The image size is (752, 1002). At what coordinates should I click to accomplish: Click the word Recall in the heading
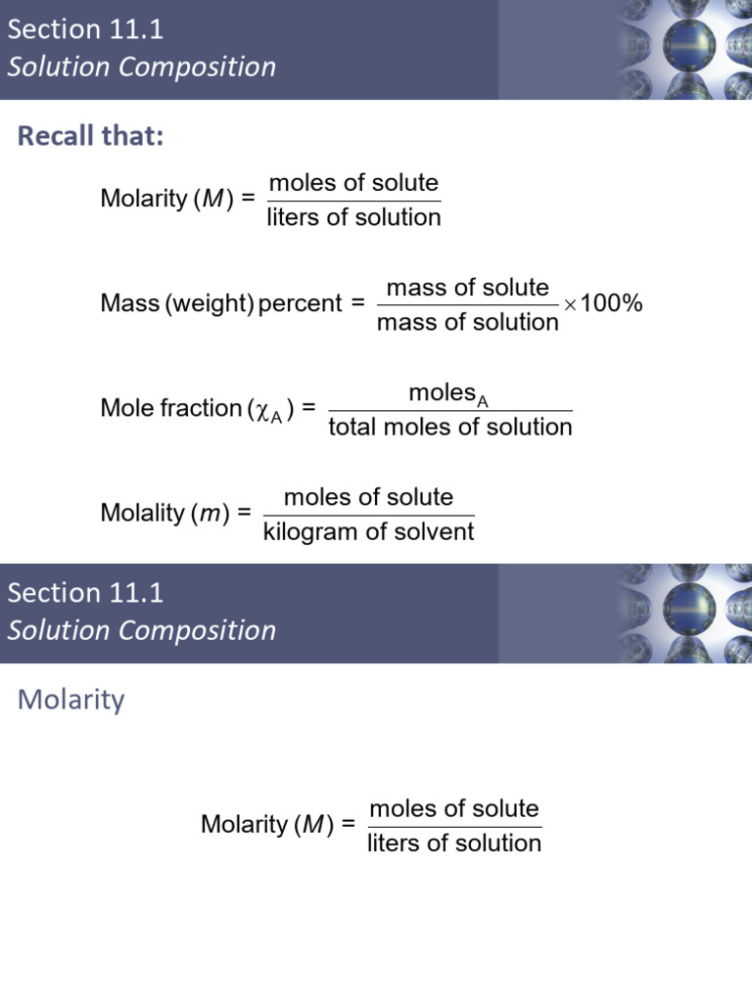coord(56,135)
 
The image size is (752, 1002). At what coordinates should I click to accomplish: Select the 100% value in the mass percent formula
coord(611,303)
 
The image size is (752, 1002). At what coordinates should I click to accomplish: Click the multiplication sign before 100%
coord(570,305)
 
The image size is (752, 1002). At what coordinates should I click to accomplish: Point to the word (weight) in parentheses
coord(211,303)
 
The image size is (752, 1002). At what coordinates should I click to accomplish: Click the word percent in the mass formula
coord(300,303)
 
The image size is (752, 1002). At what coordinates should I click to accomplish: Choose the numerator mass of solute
coord(467,288)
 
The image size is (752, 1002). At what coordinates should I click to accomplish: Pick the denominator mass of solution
coord(467,322)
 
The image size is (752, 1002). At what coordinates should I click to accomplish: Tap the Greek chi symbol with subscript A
coord(268,411)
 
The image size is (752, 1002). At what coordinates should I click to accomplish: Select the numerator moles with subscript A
coord(448,394)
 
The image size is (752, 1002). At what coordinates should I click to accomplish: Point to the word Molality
coord(143,513)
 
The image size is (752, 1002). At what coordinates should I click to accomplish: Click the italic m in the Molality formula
coord(211,515)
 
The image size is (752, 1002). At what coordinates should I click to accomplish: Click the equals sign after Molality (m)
coord(244,513)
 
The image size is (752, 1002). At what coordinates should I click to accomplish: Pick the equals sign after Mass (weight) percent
coord(358,303)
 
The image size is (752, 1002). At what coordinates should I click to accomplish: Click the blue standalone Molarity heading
coord(70,700)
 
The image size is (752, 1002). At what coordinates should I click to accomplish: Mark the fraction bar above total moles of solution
coord(450,411)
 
